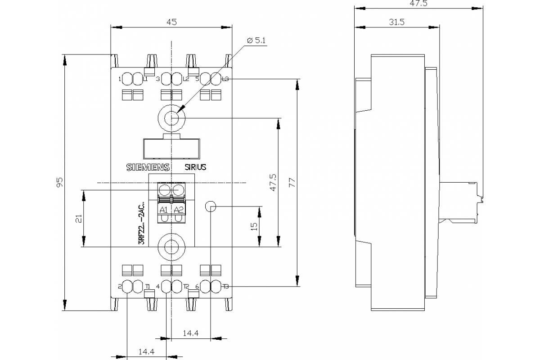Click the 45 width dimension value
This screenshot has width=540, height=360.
pos(171,22)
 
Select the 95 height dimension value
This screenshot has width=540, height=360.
pos(60,182)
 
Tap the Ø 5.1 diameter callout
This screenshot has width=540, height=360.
pos(257,40)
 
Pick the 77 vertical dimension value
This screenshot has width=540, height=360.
pos(291,182)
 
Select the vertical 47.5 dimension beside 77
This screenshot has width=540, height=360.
pos(273,182)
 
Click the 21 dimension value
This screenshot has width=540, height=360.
pos(78,218)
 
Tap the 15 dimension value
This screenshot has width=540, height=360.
pos(254,226)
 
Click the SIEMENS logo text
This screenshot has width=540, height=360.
pos(147,167)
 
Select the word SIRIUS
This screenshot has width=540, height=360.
pos(195,167)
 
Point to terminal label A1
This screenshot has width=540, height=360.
pos(164,210)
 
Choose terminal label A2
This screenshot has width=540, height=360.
pos(179,210)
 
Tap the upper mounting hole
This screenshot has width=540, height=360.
pos(171,118)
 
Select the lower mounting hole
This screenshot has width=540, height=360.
pos(171,247)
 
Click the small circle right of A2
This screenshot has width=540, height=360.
pos(211,207)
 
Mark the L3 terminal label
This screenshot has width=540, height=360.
pos(225,79)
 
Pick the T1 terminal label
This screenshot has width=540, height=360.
pos(148,286)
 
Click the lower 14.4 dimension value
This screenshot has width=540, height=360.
pos(147,352)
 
